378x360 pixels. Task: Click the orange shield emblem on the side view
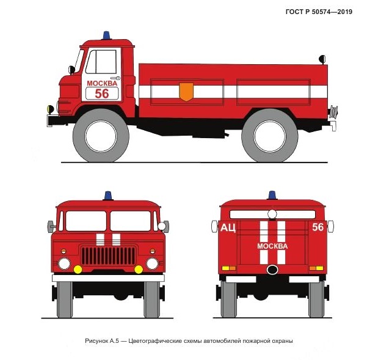tap(186, 92)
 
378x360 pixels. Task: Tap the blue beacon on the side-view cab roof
tap(106, 35)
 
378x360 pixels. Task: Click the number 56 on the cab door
tap(102, 94)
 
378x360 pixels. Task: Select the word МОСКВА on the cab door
tap(102, 83)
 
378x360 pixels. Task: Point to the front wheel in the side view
tap(101, 136)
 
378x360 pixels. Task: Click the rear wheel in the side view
tap(270, 136)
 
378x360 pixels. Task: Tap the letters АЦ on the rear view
tap(228, 227)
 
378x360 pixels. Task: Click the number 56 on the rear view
tap(318, 227)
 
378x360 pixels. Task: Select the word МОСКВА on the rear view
tap(272, 246)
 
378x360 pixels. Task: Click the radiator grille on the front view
tap(108, 255)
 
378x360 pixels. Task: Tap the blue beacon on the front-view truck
tap(108, 196)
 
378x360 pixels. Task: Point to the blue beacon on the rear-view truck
tap(272, 195)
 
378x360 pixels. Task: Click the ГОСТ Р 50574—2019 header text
tap(319, 12)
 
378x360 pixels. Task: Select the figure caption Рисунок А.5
tap(189, 341)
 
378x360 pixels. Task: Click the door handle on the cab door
tap(115, 78)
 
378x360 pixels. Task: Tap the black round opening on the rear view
tap(272, 270)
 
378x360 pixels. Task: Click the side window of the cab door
tap(101, 62)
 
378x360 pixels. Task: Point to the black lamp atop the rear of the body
tap(322, 59)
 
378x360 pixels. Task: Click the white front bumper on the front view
tap(108, 278)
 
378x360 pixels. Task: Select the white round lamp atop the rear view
tap(272, 214)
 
